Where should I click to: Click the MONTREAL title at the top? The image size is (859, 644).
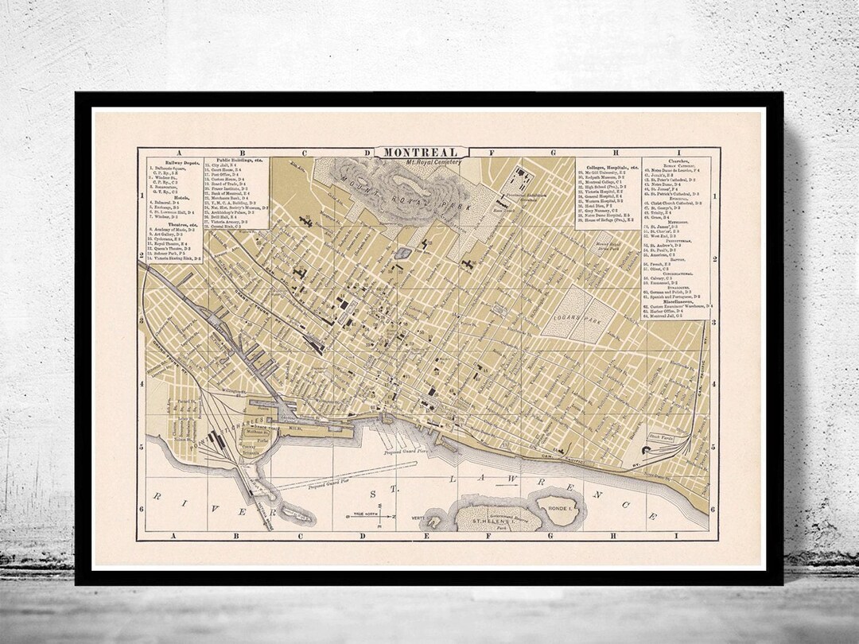click(427, 153)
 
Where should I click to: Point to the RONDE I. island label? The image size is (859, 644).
click(558, 502)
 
